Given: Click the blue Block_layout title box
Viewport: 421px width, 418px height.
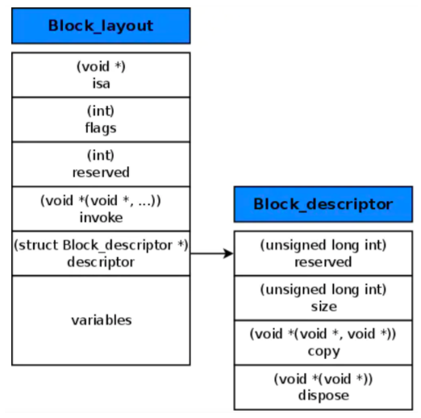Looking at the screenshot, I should click(101, 26).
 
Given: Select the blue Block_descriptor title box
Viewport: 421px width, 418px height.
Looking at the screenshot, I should click(323, 204).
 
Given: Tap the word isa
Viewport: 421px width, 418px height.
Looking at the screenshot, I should click(101, 82).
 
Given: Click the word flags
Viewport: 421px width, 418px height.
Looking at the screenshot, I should click(101, 127).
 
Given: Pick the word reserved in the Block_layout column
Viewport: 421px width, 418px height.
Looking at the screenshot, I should click(101, 172).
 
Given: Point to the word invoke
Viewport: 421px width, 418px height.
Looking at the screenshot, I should click(101, 218).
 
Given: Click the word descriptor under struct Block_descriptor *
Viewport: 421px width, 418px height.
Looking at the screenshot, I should click(101, 261).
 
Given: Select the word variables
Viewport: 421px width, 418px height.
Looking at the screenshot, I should click(101, 320).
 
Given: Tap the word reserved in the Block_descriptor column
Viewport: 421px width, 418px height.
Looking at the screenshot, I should click(323, 261).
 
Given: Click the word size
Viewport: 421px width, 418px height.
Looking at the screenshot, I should click(323, 307).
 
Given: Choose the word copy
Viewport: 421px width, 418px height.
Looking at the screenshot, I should click(323, 351).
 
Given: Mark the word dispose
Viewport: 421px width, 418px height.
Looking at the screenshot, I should click(323, 395).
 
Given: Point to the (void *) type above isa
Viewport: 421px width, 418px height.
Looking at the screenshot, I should click(101, 67).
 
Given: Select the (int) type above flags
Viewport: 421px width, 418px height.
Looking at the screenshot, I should click(101, 111).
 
